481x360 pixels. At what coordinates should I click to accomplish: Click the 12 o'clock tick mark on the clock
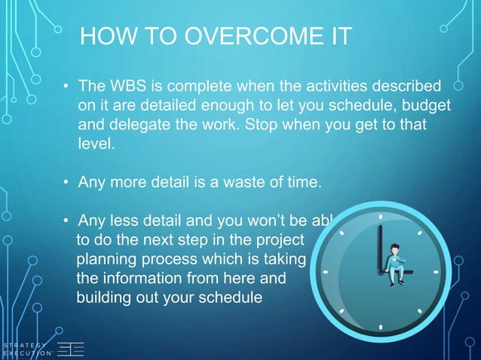click(x=381, y=216)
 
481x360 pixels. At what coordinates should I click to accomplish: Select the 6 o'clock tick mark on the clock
click(x=381, y=327)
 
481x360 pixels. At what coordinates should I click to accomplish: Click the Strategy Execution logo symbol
click(x=71, y=349)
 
